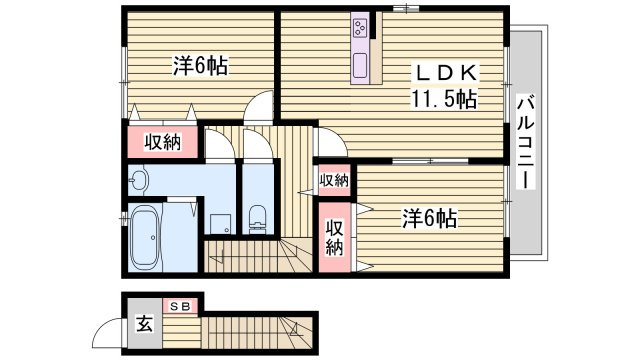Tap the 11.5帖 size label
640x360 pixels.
click(441, 98)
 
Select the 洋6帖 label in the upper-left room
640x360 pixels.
click(200, 68)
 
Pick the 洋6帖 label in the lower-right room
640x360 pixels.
click(430, 216)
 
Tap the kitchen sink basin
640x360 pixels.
click(361, 68)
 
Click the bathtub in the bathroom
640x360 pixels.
click(150, 238)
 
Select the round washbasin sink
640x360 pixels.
click(139, 180)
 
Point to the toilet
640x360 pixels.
click(257, 214)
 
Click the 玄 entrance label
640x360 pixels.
click(144, 324)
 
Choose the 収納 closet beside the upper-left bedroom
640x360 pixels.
click(162, 142)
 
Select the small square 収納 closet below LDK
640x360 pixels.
click(334, 180)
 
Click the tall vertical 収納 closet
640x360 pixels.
click(334, 237)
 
